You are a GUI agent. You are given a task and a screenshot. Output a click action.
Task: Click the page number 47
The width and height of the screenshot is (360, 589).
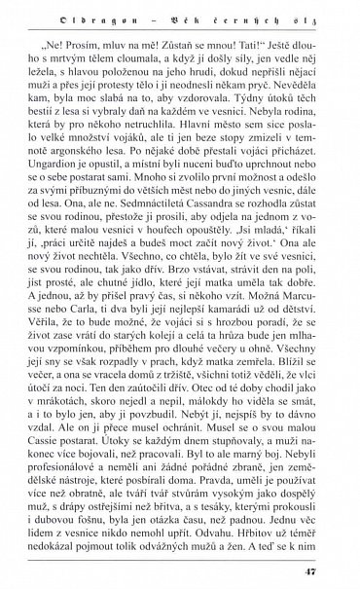click(x=338, y=570)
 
